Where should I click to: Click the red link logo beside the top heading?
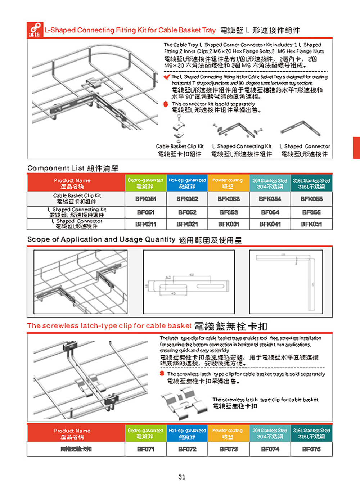click(x=35, y=30)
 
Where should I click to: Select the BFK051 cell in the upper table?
click(x=145, y=199)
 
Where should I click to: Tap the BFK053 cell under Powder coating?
click(x=228, y=199)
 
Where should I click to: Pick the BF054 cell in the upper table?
click(x=270, y=212)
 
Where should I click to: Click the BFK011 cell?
click(x=145, y=224)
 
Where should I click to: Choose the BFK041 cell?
click(x=270, y=224)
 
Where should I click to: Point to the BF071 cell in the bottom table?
click(x=145, y=449)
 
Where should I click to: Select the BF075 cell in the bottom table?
click(x=311, y=449)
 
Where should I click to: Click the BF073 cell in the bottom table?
click(x=228, y=449)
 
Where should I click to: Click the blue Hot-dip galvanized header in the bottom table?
click(x=187, y=433)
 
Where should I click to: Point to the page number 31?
click(x=181, y=477)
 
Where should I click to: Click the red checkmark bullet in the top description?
click(x=167, y=77)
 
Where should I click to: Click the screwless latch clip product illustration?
click(x=184, y=403)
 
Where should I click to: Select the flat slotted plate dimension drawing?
click(x=189, y=282)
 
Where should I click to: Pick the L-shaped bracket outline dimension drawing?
click(x=286, y=282)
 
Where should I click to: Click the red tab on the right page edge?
click(x=356, y=148)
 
